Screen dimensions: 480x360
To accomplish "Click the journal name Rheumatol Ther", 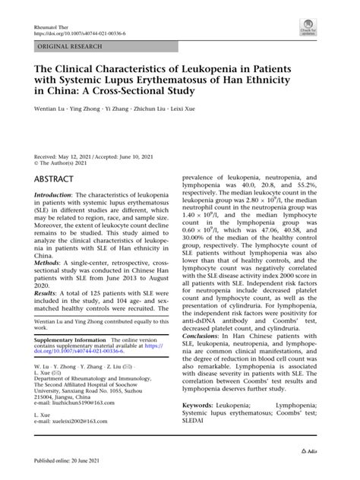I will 52,25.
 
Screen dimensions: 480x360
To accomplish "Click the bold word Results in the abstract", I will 47,291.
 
